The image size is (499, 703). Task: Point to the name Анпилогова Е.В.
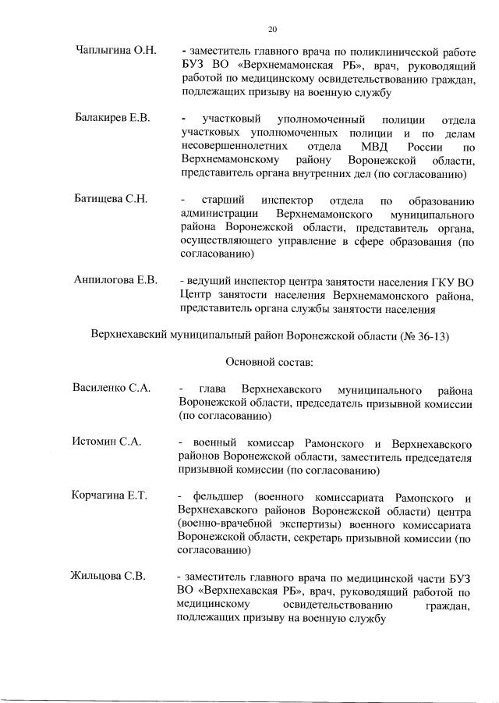coord(115,280)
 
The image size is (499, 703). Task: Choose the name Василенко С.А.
coord(111,388)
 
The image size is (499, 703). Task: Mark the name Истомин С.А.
coord(107,442)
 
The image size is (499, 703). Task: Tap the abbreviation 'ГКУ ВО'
coord(452,280)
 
